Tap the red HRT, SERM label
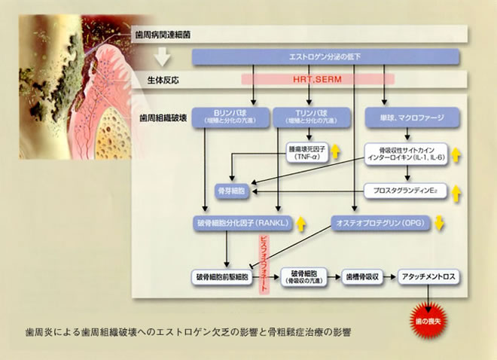click(x=318, y=78)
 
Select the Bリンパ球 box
click(x=227, y=116)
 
